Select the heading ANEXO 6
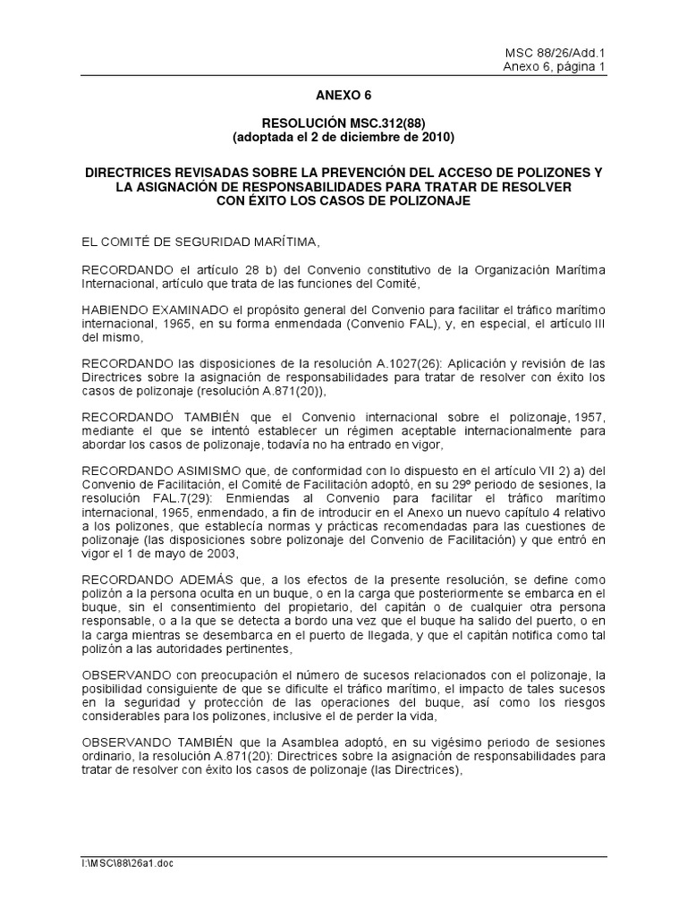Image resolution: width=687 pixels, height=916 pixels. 343,94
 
